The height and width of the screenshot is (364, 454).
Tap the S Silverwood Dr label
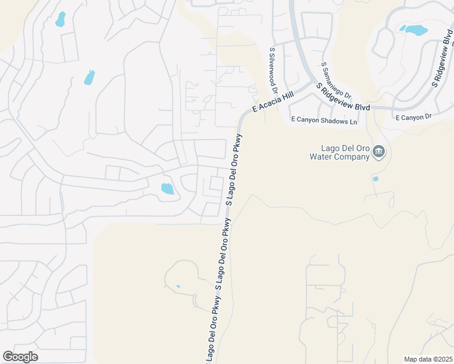(x=273, y=72)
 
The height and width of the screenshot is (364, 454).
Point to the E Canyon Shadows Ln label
(x=324, y=121)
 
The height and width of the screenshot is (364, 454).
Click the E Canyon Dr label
(x=413, y=116)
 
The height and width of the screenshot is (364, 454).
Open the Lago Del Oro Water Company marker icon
(x=379, y=151)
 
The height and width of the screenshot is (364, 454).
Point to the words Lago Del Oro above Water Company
(x=344, y=148)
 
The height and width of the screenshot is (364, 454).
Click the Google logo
(x=20, y=357)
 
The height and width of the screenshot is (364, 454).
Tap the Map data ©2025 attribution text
(x=428, y=359)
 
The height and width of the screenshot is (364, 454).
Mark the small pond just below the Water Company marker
(x=376, y=179)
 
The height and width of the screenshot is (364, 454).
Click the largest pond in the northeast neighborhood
(x=415, y=29)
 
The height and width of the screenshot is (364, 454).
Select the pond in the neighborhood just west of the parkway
(x=167, y=189)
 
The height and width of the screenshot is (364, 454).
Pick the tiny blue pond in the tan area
(x=178, y=286)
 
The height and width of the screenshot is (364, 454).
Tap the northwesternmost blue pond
(x=60, y=19)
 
